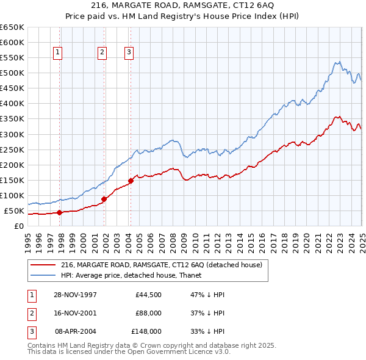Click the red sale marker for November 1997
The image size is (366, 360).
(60, 212)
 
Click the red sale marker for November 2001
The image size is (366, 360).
(104, 199)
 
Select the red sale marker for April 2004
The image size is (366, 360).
(131, 181)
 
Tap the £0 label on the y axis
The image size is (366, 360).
(18, 226)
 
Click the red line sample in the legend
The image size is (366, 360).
(43, 265)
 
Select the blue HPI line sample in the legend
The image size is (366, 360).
(43, 275)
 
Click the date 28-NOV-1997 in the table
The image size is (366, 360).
(76, 295)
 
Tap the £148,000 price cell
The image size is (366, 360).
(146, 331)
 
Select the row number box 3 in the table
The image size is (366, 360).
(30, 331)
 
